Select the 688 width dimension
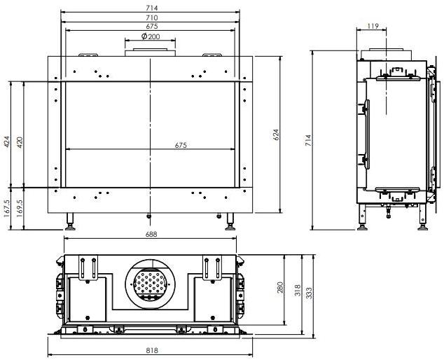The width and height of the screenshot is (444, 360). click(x=151, y=235)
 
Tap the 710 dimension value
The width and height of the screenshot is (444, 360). click(x=151, y=17)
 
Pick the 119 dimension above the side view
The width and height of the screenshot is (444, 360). click(x=373, y=27)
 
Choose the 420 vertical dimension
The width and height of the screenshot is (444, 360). click(x=20, y=143)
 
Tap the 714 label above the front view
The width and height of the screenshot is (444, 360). click(x=151, y=8)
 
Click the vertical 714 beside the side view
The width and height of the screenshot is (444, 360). click(x=309, y=139)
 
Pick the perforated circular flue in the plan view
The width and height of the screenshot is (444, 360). click(x=148, y=284)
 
